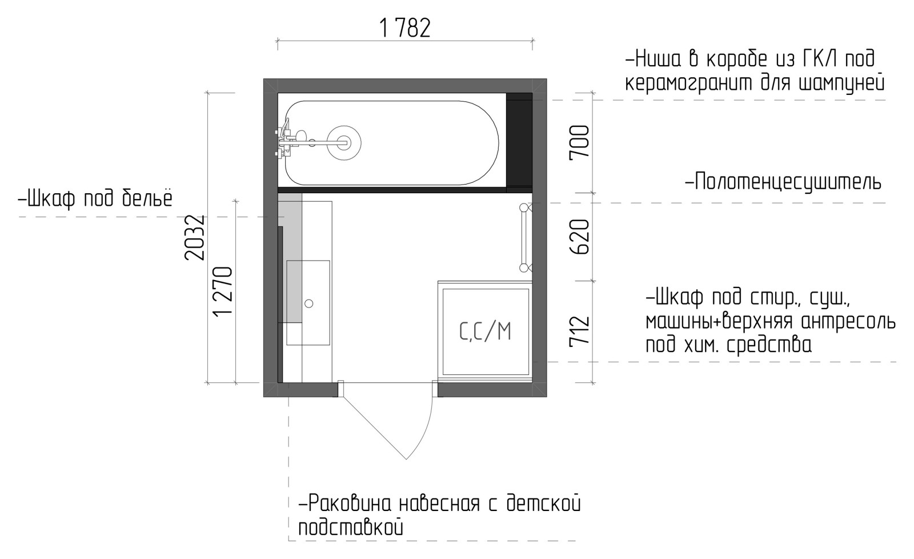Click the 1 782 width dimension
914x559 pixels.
pos(405,28)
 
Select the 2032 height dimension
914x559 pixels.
pos(194,238)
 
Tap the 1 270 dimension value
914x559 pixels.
pos(223,291)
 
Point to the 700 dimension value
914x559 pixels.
pos(579,141)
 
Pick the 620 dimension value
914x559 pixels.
pos(579,237)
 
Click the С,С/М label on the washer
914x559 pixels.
pos(485,332)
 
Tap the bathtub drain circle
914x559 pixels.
pos(344,142)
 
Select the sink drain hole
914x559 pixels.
pos(309,304)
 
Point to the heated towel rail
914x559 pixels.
pos(525,238)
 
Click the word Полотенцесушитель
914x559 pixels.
pos(788,182)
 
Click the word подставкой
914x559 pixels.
pos(351,528)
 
